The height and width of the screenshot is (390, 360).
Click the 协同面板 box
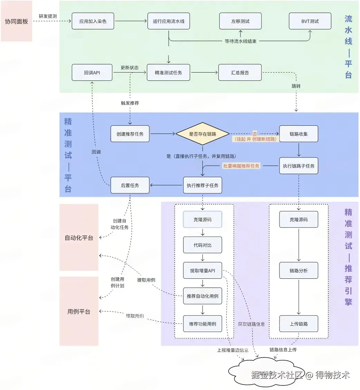click(16, 21)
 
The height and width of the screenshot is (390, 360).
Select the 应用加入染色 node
click(93, 21)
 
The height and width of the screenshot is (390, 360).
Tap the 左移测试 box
click(240, 21)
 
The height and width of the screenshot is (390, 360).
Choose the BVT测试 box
click(310, 21)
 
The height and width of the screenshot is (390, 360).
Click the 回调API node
click(92, 73)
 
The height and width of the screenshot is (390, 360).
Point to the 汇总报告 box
click(240, 73)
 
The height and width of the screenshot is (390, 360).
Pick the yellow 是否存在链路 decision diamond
click(202, 134)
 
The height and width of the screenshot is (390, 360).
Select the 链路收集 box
click(299, 134)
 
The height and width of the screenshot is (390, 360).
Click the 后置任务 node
click(130, 185)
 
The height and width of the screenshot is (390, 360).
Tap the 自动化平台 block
click(79, 238)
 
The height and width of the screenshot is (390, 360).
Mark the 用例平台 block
click(79, 312)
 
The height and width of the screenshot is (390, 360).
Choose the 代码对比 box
click(202, 245)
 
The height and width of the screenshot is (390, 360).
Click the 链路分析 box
click(299, 270)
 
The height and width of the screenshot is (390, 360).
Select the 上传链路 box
click(299, 324)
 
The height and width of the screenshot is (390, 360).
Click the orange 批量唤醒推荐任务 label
click(241, 166)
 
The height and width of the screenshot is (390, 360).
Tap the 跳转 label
click(296, 86)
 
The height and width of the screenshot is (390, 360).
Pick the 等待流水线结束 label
click(240, 41)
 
